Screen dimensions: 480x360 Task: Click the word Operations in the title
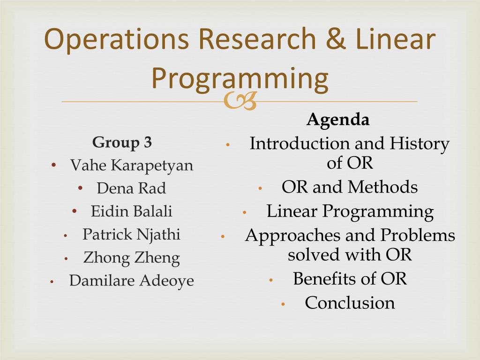pyautogui.click(x=116, y=40)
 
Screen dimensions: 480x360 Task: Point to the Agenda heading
pyautogui.click(x=338, y=119)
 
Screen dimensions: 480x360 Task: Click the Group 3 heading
pyautogui.click(x=122, y=142)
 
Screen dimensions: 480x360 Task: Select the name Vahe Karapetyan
pyautogui.click(x=132, y=165)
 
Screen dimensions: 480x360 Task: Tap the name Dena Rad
pyautogui.click(x=131, y=188)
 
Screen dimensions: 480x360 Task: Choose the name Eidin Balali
pyautogui.click(x=132, y=211)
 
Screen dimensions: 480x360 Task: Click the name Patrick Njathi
pyautogui.click(x=131, y=235)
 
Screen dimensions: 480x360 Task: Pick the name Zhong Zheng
pyautogui.click(x=132, y=258)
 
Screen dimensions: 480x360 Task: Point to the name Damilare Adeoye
pyautogui.click(x=132, y=281)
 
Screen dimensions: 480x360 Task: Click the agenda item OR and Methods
pyautogui.click(x=350, y=187)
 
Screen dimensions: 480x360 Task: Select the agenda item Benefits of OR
pyautogui.click(x=350, y=278)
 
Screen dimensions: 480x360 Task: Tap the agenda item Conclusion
pyautogui.click(x=350, y=303)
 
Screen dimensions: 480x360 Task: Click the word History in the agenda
pyautogui.click(x=420, y=144)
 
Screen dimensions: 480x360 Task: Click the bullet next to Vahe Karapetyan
pyautogui.click(x=53, y=165)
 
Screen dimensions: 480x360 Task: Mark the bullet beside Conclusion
pyautogui.click(x=283, y=304)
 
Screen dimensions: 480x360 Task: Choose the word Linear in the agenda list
pyautogui.click(x=287, y=211)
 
